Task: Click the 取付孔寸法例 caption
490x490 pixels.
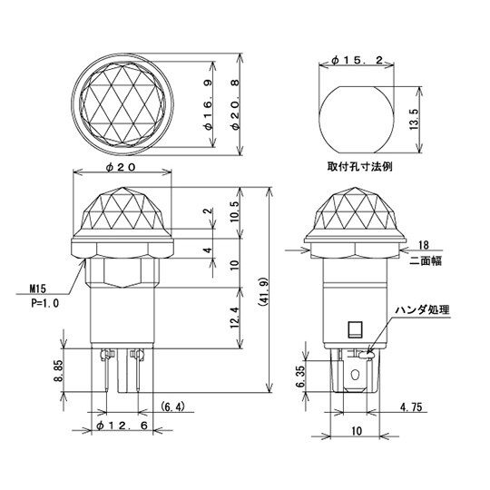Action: [360, 168]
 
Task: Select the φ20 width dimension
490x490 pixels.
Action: [121, 168]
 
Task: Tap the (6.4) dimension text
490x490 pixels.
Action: [173, 405]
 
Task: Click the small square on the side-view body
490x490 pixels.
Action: [355, 329]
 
